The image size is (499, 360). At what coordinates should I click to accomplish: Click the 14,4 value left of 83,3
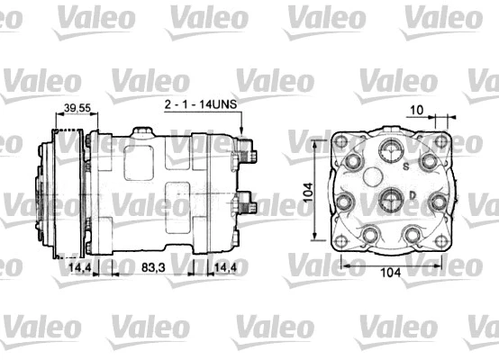coord(80,267)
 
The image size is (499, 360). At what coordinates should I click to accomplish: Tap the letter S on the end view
coord(406,166)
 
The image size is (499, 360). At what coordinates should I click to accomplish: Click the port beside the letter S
coord(391,151)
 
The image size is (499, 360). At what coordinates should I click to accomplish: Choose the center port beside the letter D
coord(391,198)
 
